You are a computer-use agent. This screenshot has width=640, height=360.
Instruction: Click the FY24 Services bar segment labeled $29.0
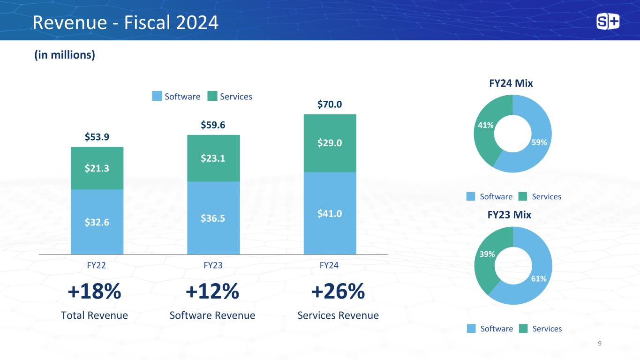coord(330,143)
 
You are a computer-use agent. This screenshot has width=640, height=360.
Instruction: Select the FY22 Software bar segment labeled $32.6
coord(97,222)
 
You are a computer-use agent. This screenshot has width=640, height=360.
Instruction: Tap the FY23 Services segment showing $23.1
coord(213,158)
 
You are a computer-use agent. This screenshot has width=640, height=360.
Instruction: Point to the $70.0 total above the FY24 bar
coord(330,104)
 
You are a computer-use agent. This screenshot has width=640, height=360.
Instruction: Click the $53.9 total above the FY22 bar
coord(97,136)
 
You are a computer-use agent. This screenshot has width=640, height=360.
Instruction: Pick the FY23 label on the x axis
coord(213,265)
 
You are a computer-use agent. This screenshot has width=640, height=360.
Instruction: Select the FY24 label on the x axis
coord(329,265)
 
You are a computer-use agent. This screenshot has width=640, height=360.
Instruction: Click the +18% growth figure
coord(95,292)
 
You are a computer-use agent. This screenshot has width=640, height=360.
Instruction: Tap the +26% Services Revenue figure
coord(338,292)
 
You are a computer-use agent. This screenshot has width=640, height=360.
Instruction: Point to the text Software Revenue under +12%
coord(212,315)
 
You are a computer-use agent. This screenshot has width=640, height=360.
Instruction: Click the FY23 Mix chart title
coord(509,215)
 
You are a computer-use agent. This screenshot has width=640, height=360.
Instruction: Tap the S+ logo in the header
coord(608,22)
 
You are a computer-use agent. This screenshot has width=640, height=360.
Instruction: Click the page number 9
coord(600,344)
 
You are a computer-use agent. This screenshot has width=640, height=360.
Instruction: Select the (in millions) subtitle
coord(65,55)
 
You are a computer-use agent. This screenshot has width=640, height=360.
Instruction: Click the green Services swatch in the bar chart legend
coord(213,96)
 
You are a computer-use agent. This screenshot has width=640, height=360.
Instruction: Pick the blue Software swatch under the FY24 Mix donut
coord(471,196)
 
